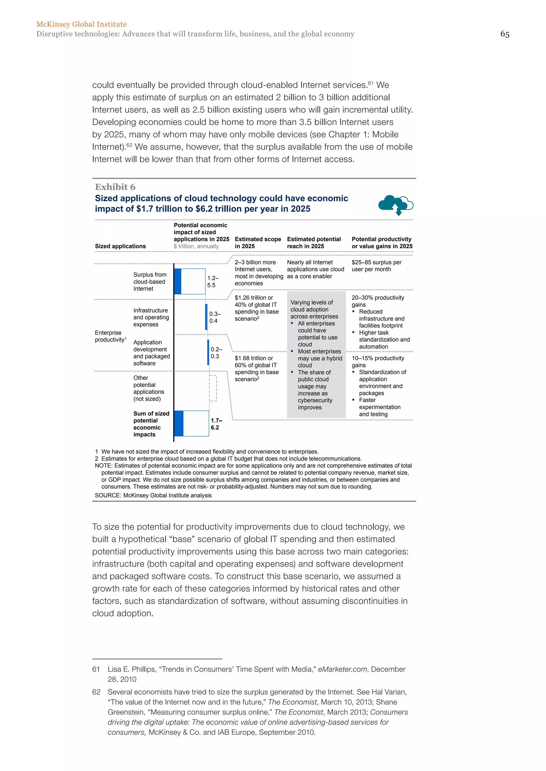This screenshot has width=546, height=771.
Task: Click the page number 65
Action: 504,34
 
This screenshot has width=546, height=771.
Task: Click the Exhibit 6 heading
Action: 115,187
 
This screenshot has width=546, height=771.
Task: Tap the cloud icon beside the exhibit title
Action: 395,204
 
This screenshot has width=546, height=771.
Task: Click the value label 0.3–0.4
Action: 215,317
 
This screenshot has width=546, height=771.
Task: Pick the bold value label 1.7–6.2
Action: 216,424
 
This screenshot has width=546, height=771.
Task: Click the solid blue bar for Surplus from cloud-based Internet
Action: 178,281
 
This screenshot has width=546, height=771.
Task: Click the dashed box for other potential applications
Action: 213,388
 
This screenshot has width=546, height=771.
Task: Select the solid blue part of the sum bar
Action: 179,424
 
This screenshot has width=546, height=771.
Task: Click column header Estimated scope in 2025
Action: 258,243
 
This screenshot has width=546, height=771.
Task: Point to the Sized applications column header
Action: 120,246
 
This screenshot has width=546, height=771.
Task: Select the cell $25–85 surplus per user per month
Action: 376,266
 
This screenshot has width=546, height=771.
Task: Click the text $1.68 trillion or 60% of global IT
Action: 256,362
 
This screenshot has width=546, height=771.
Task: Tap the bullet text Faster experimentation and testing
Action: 379,407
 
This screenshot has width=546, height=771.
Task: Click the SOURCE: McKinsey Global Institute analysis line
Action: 153,495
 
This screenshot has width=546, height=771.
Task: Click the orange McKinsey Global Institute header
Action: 81,24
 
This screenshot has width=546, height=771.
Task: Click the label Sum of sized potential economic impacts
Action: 151,424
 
